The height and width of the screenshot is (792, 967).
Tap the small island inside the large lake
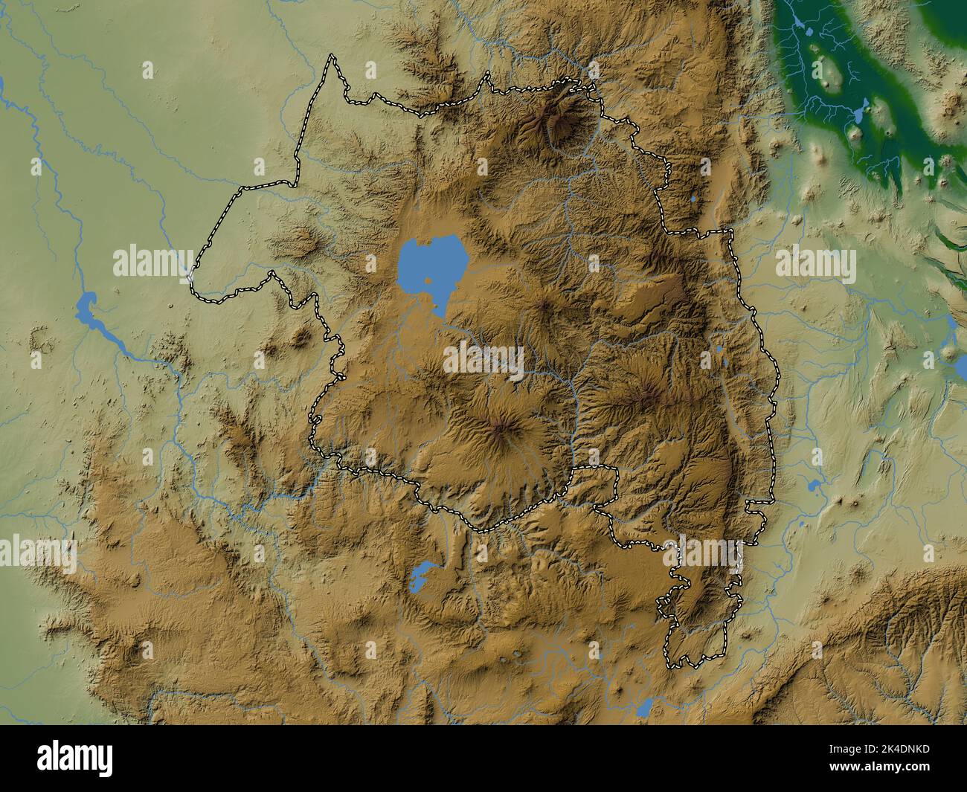click(429, 281)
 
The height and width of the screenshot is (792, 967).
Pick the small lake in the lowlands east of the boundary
click(812, 488)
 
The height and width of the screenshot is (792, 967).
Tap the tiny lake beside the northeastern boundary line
click(693, 199)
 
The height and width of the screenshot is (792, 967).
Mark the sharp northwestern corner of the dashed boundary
click(332, 56)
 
